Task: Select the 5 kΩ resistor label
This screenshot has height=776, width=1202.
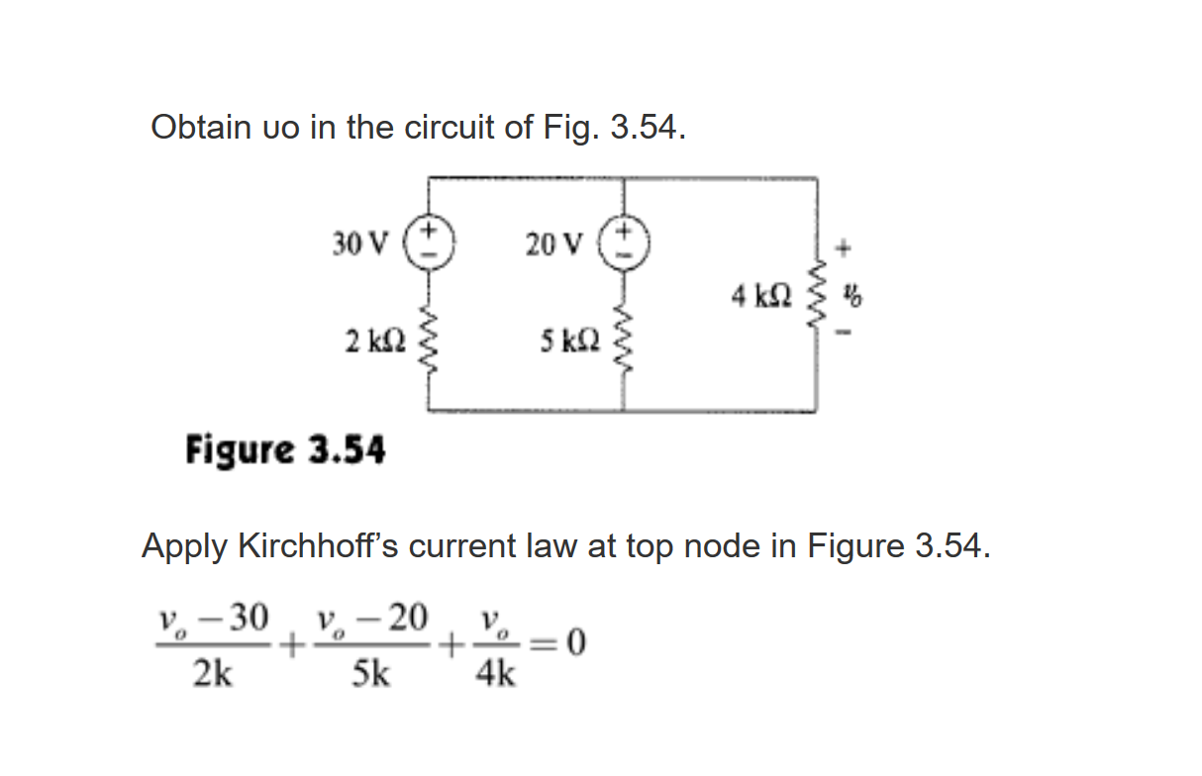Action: (569, 340)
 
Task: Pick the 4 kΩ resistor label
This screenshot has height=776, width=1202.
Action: (761, 294)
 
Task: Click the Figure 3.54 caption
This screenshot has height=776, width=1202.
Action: (285, 450)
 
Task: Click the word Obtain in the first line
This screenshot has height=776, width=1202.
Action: (198, 128)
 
